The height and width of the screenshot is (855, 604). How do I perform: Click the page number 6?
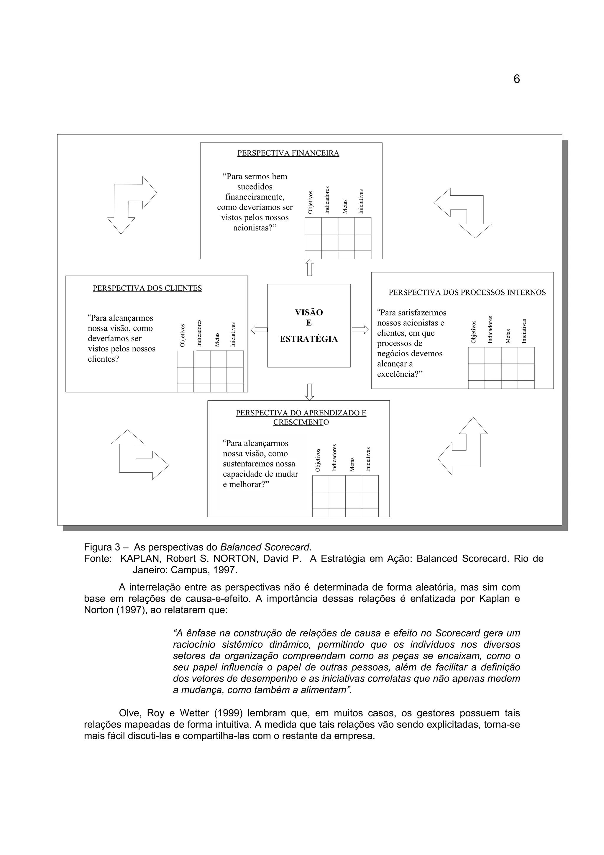click(516, 79)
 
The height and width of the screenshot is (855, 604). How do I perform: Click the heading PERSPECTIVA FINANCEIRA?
click(288, 153)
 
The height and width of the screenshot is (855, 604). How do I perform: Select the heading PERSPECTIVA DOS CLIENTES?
click(147, 288)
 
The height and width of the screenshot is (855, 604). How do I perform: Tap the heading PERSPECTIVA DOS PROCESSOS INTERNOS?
click(467, 293)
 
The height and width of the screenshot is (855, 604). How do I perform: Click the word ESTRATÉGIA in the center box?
click(308, 339)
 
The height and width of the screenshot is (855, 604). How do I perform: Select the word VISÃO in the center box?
click(308, 312)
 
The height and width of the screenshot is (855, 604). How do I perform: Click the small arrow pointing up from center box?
click(309, 267)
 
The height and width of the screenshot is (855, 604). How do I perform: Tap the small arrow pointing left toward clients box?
click(259, 330)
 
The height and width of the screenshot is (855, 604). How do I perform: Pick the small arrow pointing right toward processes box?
click(360, 330)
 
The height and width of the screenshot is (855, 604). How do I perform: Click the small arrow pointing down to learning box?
click(309, 392)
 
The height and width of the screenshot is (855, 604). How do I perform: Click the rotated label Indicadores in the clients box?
click(199, 333)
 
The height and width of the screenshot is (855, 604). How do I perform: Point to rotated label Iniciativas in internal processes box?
click(524, 331)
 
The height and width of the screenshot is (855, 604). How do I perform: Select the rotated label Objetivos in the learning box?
click(318, 460)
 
